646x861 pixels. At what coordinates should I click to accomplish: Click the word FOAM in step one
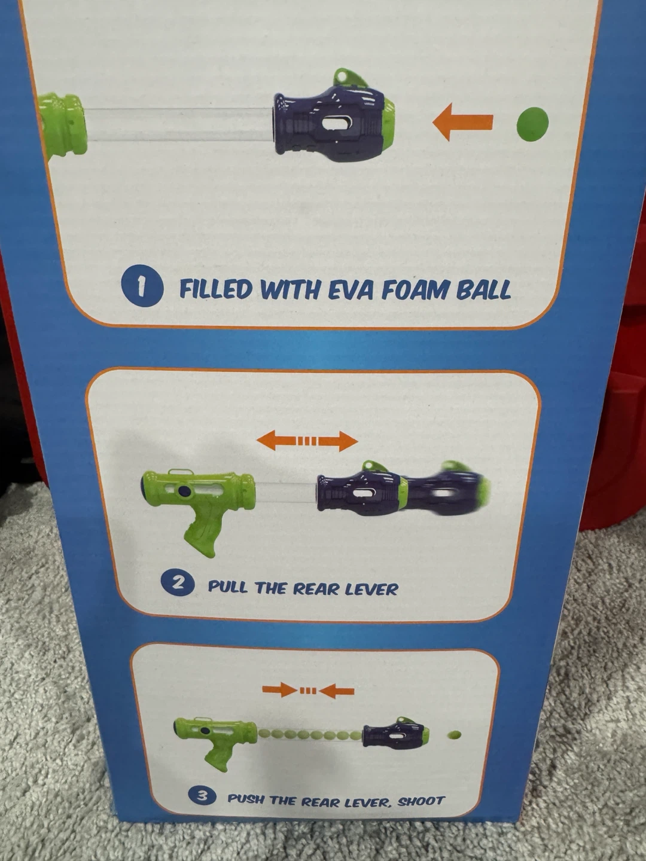(415, 289)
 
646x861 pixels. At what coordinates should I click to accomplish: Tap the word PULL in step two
(227, 587)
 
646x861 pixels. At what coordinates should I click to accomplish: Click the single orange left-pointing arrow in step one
(462, 121)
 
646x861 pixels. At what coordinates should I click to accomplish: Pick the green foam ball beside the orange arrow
(532, 123)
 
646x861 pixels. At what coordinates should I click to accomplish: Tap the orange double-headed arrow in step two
(307, 441)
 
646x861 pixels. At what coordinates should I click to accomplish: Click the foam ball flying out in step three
(454, 734)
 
